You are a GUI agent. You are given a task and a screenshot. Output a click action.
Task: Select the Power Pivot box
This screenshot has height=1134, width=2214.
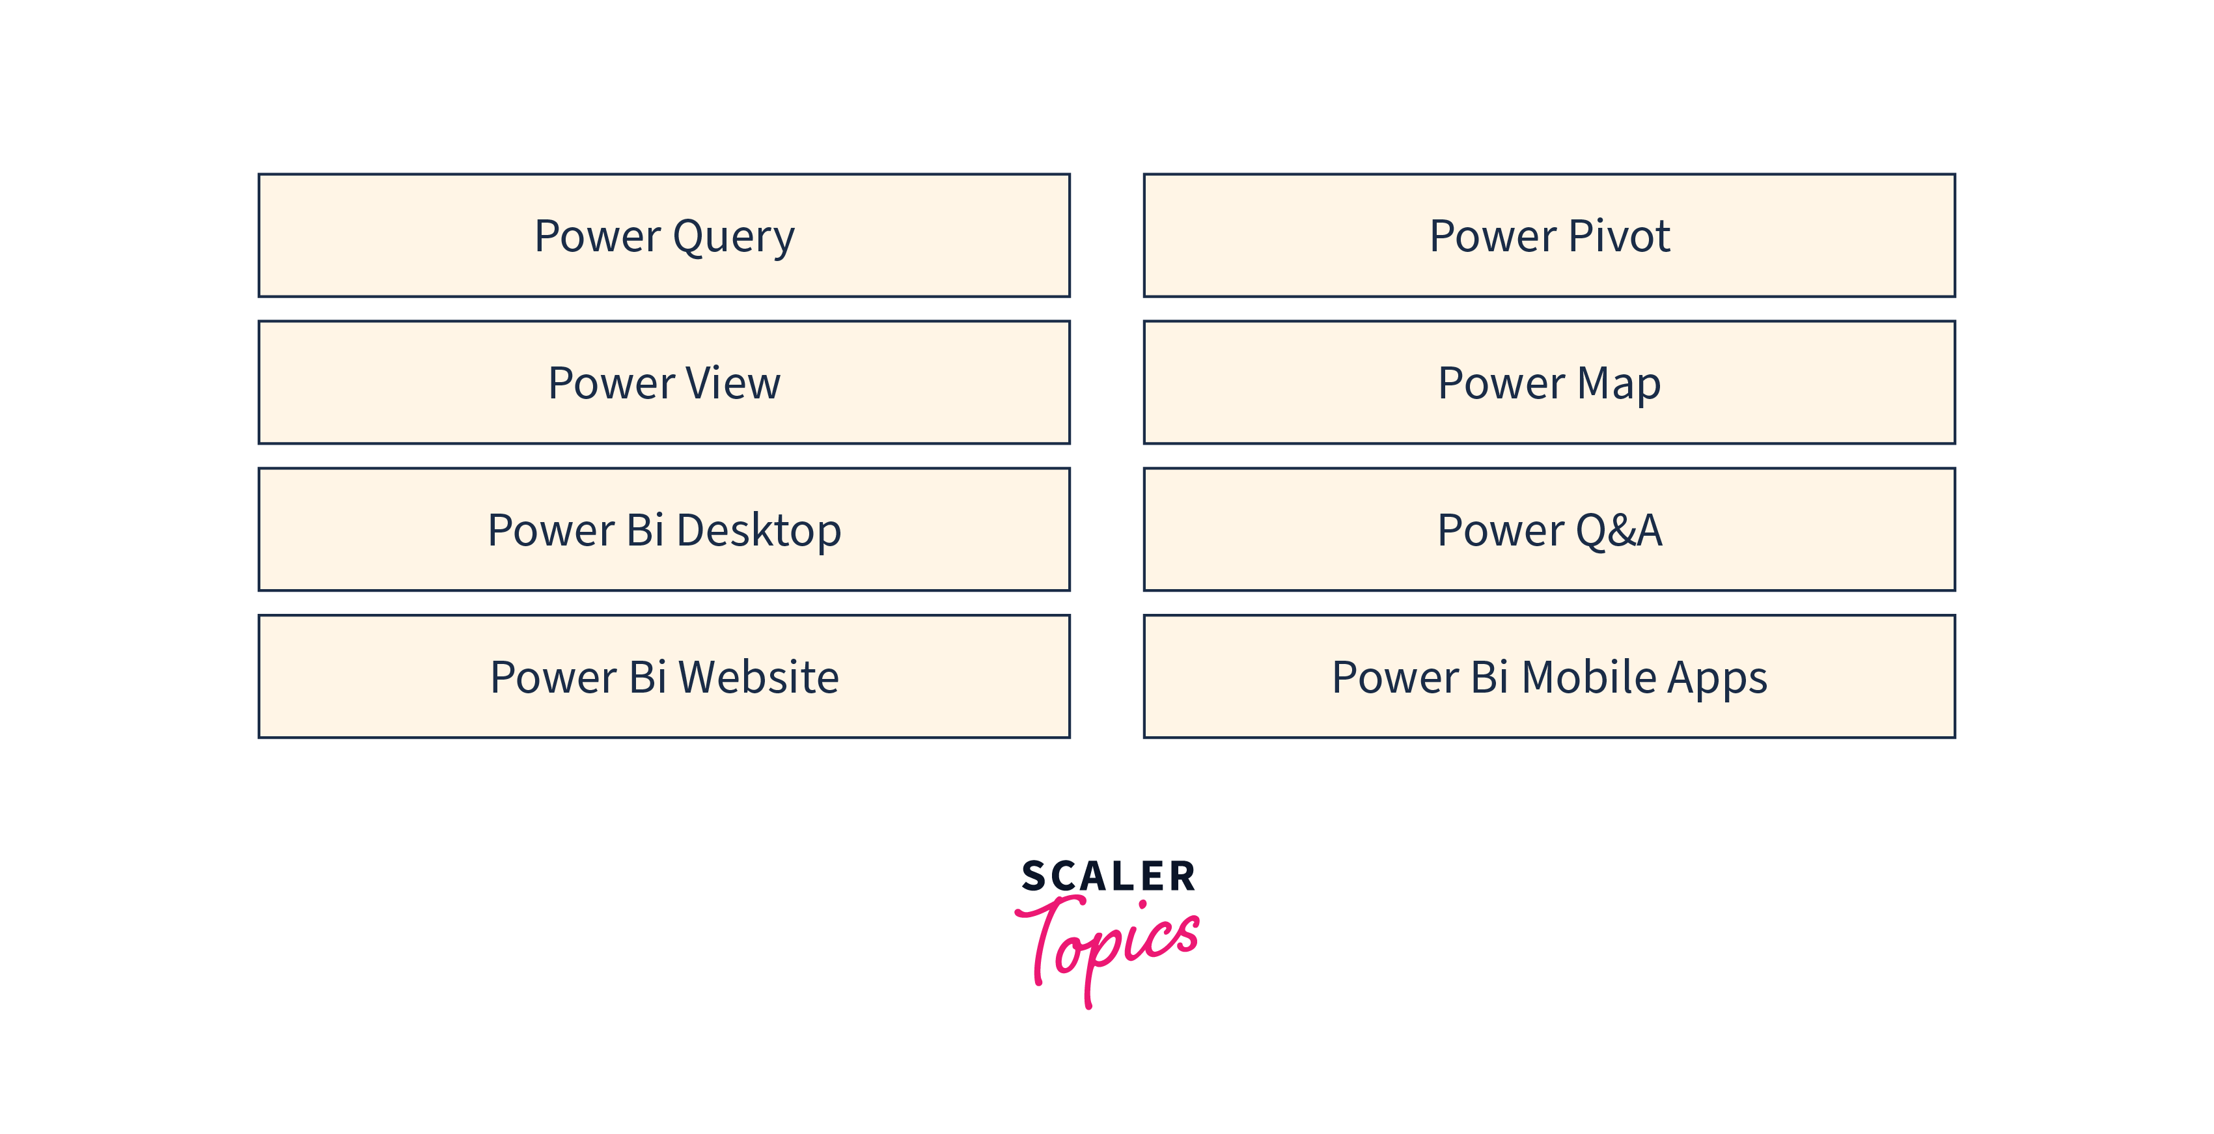tap(1549, 236)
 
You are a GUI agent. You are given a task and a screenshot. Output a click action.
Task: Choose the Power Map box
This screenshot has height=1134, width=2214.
tap(1549, 383)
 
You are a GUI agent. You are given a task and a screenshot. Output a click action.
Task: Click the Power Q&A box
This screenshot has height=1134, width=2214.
tap(1549, 530)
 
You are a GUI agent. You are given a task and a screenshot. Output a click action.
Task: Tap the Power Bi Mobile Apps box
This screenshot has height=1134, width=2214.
tap(1549, 676)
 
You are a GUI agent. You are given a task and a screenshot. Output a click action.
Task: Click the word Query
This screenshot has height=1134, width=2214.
tap(734, 238)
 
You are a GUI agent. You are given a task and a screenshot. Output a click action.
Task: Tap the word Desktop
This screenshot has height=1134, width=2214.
tap(759, 531)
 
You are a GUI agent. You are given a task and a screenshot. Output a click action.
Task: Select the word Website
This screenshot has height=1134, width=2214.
tap(759, 676)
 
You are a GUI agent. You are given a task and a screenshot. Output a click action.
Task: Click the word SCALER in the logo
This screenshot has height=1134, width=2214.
tap(1108, 876)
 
